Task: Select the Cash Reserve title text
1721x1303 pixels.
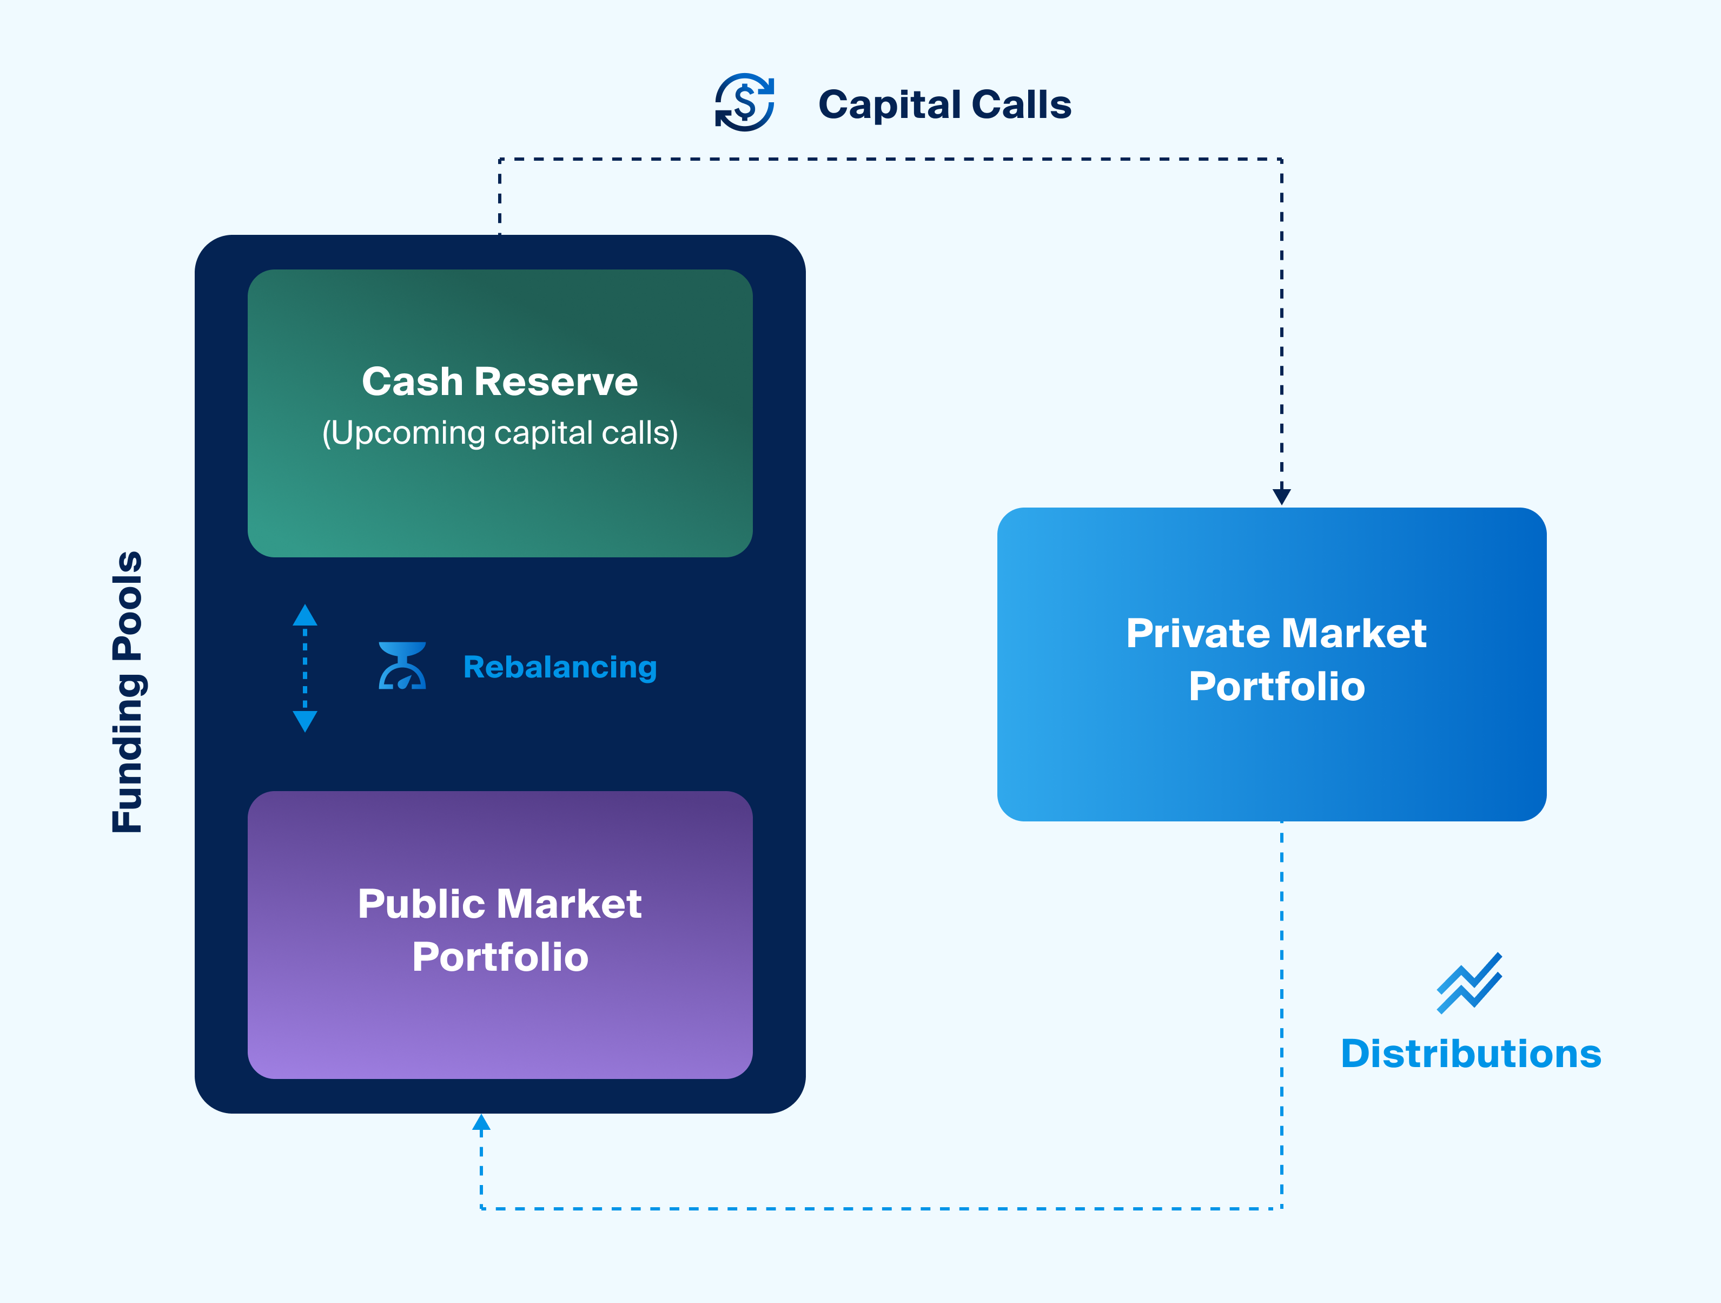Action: point(500,381)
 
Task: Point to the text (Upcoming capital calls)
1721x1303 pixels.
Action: point(500,433)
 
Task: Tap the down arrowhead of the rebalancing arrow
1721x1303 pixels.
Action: point(305,721)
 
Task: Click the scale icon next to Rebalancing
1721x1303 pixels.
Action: point(402,666)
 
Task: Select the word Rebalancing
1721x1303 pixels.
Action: point(559,667)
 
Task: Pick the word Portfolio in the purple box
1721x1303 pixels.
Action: point(500,957)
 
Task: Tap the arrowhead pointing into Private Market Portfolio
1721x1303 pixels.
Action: point(1281,496)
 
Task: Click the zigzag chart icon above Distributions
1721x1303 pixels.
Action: point(1469,983)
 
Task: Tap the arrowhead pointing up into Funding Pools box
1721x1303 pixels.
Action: point(481,1122)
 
